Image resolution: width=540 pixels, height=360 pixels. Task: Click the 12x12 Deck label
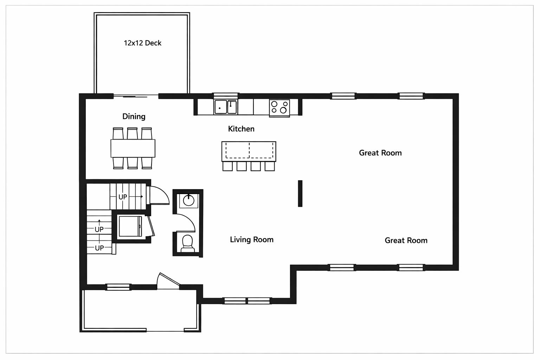click(x=142, y=43)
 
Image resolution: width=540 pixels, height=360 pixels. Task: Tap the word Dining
click(x=134, y=116)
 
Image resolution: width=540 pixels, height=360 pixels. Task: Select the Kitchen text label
click(x=241, y=129)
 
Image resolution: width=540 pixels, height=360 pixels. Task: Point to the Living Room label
click(x=251, y=239)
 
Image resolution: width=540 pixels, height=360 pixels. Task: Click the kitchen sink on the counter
click(x=225, y=107)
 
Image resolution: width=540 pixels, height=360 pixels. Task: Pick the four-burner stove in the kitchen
click(x=279, y=107)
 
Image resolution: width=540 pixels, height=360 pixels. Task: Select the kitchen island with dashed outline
click(x=249, y=151)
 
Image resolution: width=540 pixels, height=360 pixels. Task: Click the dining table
click(x=133, y=148)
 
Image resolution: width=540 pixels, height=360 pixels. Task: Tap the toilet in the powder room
click(x=187, y=243)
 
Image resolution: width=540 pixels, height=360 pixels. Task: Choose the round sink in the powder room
click(x=189, y=200)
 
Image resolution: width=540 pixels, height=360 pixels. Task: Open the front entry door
click(x=168, y=281)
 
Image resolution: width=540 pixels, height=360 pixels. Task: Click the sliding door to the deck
click(x=136, y=96)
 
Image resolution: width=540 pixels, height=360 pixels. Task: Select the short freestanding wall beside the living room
click(x=300, y=193)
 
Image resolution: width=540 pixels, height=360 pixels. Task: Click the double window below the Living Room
click(x=247, y=301)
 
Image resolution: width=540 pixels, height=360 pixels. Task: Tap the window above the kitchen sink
click(x=226, y=95)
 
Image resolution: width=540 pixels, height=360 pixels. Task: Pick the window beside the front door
click(x=118, y=287)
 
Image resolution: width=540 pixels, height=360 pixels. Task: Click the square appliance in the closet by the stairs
click(x=130, y=226)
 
